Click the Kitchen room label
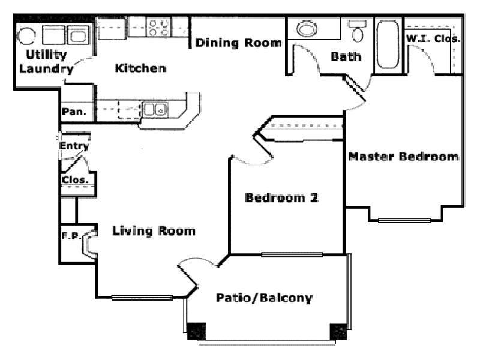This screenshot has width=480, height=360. [x=140, y=68]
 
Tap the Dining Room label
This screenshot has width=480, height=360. [x=238, y=43]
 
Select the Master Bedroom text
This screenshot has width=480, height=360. [x=404, y=157]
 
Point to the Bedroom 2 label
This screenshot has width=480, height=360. [x=281, y=197]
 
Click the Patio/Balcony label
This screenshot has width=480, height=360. [x=264, y=298]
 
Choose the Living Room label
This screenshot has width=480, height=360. [x=154, y=230]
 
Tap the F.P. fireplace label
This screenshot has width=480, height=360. [x=71, y=236]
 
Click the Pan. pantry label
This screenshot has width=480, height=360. [x=75, y=112]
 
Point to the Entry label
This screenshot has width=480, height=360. [x=74, y=146]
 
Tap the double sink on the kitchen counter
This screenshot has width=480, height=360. [x=155, y=109]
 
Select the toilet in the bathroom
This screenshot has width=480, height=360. [x=358, y=31]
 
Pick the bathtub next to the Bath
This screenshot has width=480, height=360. [x=387, y=44]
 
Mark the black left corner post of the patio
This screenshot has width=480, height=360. [x=196, y=331]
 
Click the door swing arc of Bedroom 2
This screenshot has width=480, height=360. [x=252, y=160]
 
